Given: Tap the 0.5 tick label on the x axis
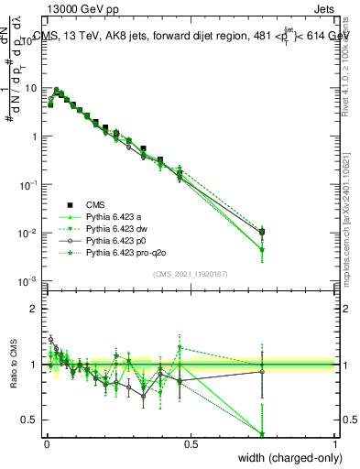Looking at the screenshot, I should (x=191, y=443).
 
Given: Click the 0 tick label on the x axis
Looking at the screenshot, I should (x=47, y=443).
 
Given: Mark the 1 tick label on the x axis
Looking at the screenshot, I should (x=334, y=443).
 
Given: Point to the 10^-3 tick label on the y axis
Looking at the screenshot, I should (x=29, y=281).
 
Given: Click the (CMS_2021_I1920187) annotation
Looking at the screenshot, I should (x=191, y=273).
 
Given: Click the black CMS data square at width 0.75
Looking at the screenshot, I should (x=262, y=232).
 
